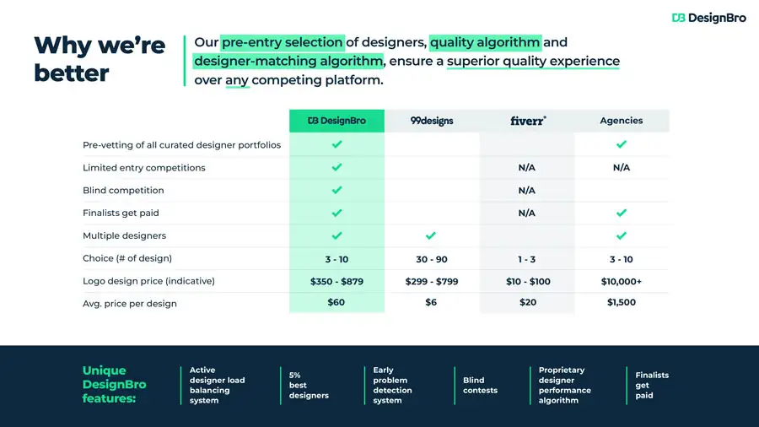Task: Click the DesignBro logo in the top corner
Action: (708, 18)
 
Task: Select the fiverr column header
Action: (528, 121)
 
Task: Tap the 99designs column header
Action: (432, 121)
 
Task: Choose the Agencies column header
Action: (622, 121)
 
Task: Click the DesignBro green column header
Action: (336, 121)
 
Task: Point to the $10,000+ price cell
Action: (621, 281)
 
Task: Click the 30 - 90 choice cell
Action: (432, 259)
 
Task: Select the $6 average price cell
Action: (431, 302)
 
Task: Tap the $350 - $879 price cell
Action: (336, 281)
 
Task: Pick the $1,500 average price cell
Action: (622, 302)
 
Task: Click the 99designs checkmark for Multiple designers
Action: (431, 235)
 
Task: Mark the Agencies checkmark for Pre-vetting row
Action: (622, 144)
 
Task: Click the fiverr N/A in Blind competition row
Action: (526, 190)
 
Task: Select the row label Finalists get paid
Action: (121, 213)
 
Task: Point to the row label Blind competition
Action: (123, 190)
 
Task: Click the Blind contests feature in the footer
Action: (480, 386)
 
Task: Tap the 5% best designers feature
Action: (309, 386)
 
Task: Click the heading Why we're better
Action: (100, 59)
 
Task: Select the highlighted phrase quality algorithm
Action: (485, 42)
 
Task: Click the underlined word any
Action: (237, 80)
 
